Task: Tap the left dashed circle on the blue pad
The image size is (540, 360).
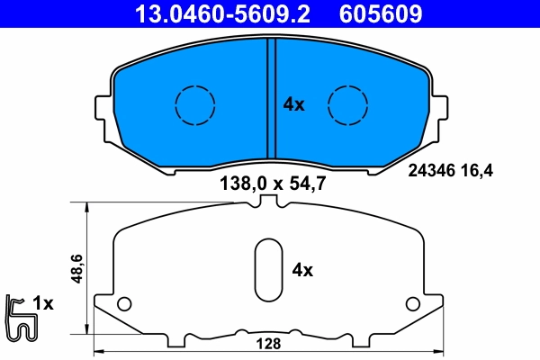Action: (192, 104)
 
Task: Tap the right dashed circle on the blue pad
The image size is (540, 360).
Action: (347, 104)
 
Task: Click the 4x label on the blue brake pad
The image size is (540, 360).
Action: (293, 104)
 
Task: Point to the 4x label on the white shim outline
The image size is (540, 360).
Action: (301, 269)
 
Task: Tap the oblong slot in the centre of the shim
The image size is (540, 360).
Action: (268, 270)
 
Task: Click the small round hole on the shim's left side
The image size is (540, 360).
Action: (124, 302)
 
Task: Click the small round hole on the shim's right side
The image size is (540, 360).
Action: (413, 302)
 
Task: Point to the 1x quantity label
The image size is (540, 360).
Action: (43, 304)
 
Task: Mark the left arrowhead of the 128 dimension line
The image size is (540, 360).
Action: (99, 351)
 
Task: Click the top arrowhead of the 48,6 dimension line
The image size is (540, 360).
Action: (87, 207)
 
